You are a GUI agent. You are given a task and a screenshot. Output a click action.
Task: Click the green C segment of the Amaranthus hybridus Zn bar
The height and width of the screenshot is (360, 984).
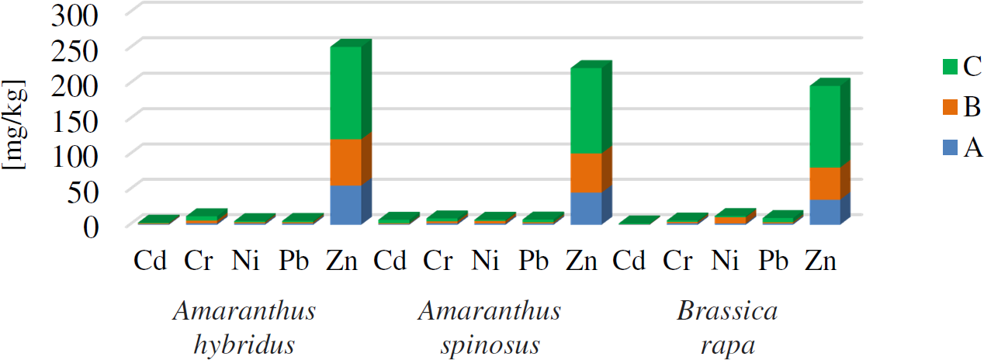click(345, 93)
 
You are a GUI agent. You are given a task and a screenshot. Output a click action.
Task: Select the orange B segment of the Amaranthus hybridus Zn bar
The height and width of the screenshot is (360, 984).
click(345, 162)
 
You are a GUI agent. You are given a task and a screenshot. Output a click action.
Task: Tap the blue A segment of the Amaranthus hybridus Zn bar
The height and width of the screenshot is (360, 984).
click(345, 205)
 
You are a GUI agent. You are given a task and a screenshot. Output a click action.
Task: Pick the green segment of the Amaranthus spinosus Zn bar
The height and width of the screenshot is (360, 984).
click(586, 110)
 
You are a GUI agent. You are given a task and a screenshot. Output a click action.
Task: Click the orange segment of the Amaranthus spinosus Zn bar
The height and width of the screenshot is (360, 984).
click(586, 172)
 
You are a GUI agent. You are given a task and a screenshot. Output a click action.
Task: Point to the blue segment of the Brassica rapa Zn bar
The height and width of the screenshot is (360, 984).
click(824, 212)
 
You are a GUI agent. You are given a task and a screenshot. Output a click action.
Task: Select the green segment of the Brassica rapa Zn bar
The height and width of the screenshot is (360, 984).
click(824, 126)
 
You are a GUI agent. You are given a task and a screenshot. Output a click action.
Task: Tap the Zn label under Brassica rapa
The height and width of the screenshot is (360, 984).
click(822, 261)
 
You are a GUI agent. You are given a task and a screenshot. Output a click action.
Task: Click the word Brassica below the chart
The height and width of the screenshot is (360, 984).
click(726, 312)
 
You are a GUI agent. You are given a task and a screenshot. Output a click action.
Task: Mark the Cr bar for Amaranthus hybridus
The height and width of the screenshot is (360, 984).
click(202, 218)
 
